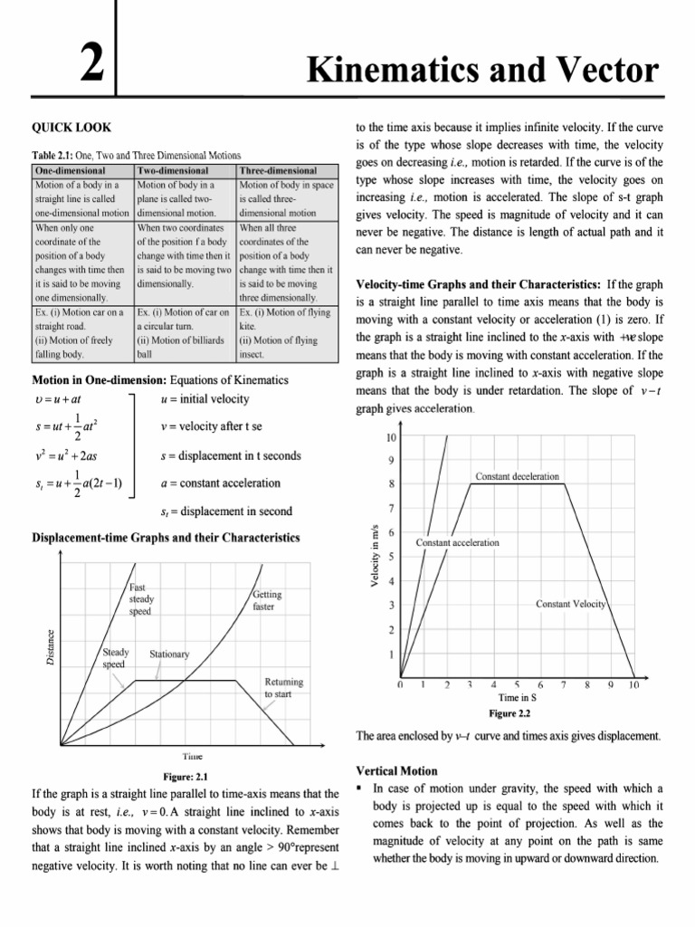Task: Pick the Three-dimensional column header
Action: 278,170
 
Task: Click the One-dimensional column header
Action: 70,170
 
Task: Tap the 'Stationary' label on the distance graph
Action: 169,653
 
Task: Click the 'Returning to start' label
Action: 283,687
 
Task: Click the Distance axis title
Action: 51,648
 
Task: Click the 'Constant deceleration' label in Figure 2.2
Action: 517,476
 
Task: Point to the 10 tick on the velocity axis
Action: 390,437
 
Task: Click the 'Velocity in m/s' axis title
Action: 375,558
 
